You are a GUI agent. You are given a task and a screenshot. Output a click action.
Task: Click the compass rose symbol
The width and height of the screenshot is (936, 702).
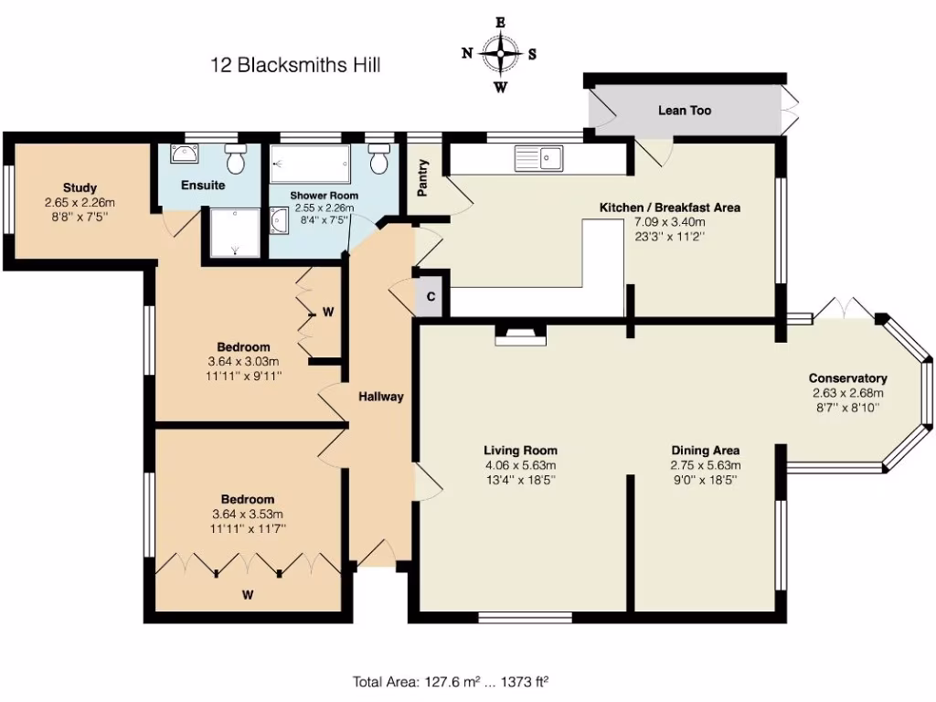(x=500, y=54)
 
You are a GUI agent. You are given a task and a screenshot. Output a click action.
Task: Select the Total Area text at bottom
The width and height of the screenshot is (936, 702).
(x=450, y=681)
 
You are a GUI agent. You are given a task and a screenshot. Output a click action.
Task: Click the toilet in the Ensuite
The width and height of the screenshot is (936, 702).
(x=236, y=159)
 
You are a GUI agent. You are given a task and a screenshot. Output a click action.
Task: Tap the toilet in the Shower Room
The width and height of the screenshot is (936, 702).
(x=379, y=160)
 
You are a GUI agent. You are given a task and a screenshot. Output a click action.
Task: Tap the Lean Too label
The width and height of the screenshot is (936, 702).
(x=685, y=111)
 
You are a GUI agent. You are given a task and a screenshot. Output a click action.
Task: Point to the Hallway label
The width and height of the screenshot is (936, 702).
(x=380, y=397)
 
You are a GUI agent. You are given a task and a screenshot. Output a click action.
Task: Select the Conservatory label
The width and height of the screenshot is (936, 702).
(x=847, y=378)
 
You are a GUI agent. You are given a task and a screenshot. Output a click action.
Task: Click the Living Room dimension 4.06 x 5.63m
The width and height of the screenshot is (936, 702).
(x=520, y=464)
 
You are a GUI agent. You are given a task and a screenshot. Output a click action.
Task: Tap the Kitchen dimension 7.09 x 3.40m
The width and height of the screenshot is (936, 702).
(x=669, y=222)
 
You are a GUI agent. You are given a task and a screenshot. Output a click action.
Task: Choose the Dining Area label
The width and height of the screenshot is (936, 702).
(x=705, y=450)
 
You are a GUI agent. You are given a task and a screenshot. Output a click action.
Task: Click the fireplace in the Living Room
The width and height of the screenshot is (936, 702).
(x=520, y=335)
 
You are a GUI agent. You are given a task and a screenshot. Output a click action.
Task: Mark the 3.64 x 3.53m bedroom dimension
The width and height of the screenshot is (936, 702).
(x=247, y=514)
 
